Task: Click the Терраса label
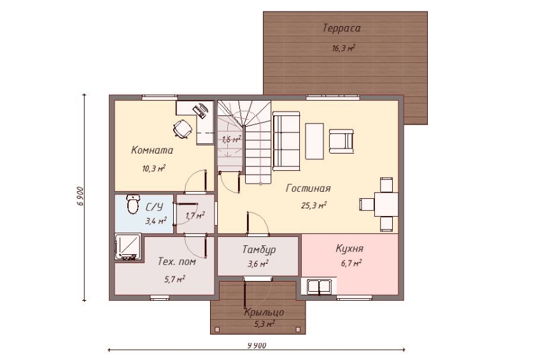click(x=341, y=28)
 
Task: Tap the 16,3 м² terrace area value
click(x=343, y=48)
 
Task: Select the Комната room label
click(x=152, y=150)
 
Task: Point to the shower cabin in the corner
click(x=128, y=247)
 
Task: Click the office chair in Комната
click(x=182, y=129)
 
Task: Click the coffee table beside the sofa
click(x=314, y=141)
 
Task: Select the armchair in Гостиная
click(x=341, y=141)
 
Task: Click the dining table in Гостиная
click(x=386, y=205)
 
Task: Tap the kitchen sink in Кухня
click(x=319, y=287)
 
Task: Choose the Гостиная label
click(x=308, y=189)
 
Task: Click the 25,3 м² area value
click(x=313, y=205)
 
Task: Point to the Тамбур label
click(x=259, y=250)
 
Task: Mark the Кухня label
click(x=349, y=248)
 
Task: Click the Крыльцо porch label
click(x=264, y=312)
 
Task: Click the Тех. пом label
click(x=177, y=262)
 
